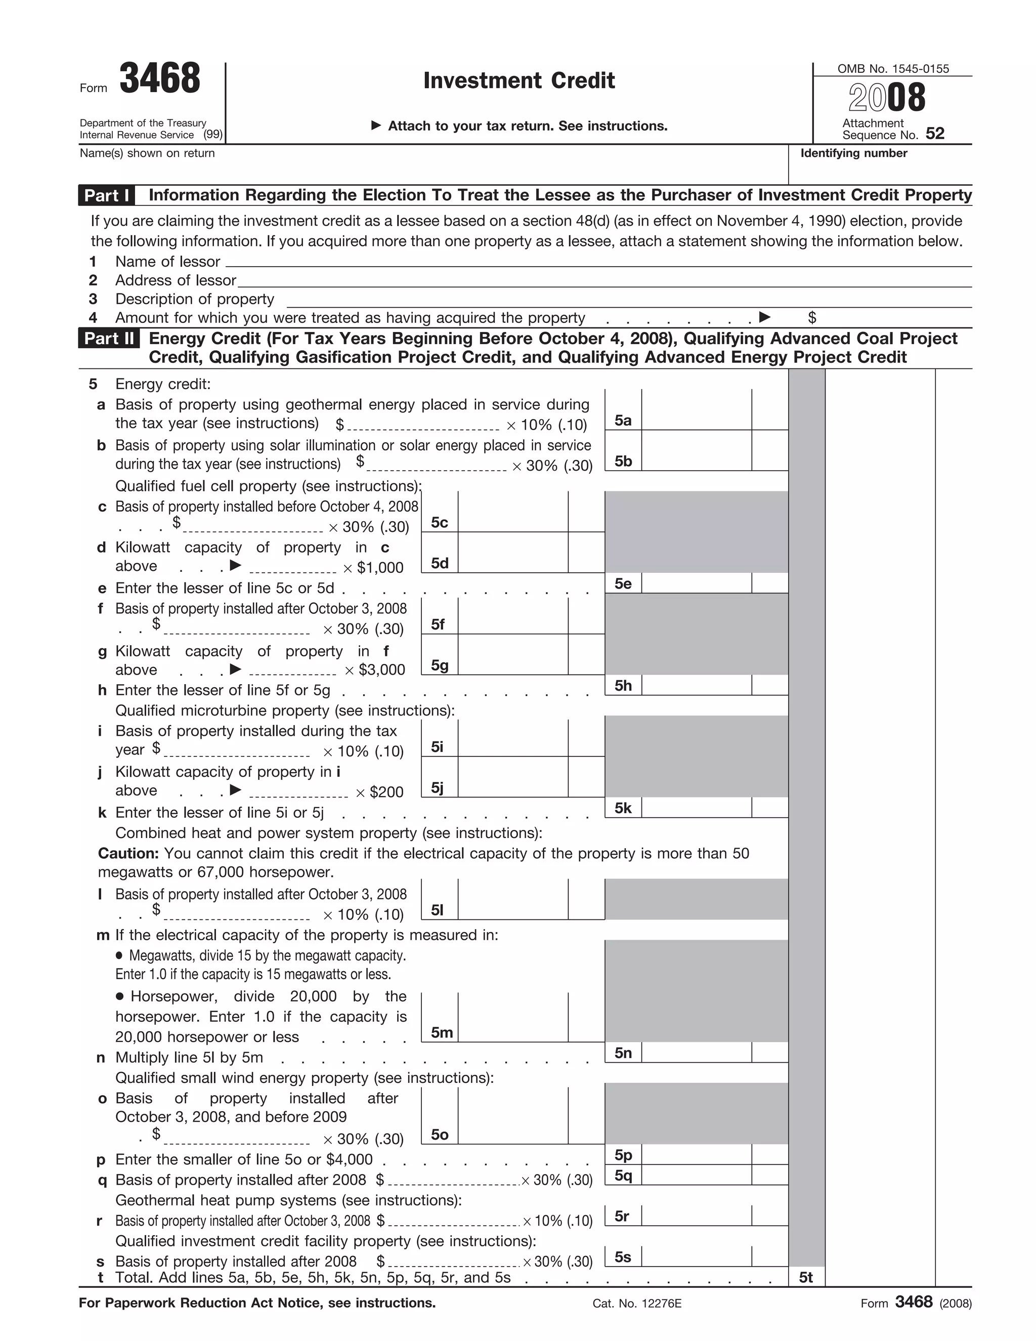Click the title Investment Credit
click(x=519, y=80)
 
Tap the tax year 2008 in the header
click(x=887, y=98)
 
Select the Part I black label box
click(x=107, y=195)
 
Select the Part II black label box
click(x=109, y=339)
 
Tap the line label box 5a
click(x=623, y=421)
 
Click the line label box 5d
click(x=440, y=563)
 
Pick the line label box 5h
click(x=623, y=686)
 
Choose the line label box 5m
click(x=441, y=1033)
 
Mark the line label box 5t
click(x=806, y=1278)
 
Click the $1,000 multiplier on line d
click(x=380, y=568)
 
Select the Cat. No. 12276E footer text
click(x=637, y=1304)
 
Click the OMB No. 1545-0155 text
click(x=893, y=69)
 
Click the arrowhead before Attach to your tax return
click(x=376, y=126)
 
